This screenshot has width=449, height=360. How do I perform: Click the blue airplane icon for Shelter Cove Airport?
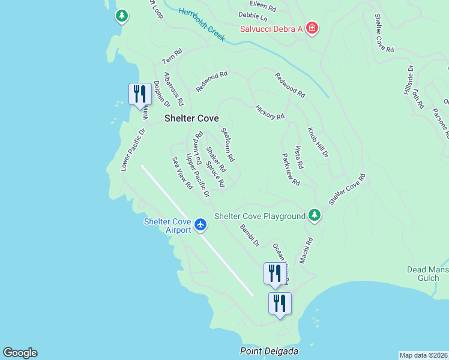[x=200, y=226]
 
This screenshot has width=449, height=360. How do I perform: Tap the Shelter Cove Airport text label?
[x=167, y=226]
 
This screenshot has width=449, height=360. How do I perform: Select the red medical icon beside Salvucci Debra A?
[x=312, y=28]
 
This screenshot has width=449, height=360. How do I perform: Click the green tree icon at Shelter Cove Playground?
[x=314, y=215]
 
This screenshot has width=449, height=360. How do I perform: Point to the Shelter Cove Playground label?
[x=260, y=216]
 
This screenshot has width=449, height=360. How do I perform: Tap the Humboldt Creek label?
[x=202, y=25]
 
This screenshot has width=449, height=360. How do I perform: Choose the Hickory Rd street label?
[x=270, y=112]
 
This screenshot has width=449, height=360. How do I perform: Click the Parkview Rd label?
[x=291, y=169]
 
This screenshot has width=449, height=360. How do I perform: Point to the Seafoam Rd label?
[x=228, y=144]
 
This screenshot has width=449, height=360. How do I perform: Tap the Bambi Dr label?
[x=249, y=236]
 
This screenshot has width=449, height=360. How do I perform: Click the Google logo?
[x=20, y=353]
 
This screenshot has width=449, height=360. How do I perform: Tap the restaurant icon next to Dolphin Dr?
[x=140, y=94]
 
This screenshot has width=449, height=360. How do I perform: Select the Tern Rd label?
[x=172, y=57]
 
